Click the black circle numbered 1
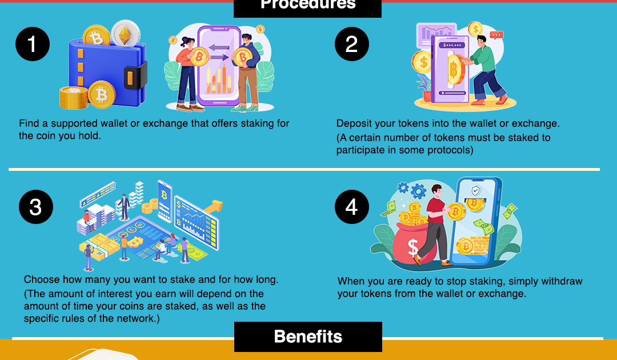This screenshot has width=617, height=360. pyautogui.click(x=33, y=44)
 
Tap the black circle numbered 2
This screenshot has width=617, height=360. pyautogui.click(x=351, y=44)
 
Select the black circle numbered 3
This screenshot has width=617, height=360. pyautogui.click(x=35, y=207)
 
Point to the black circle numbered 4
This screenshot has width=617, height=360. pyautogui.click(x=351, y=207)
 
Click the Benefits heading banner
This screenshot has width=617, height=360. pyautogui.click(x=308, y=337)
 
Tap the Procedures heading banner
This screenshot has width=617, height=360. pyautogui.click(x=308, y=6)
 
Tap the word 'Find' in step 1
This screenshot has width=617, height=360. pyautogui.click(x=29, y=123)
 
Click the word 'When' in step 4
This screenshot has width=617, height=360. pyautogui.click(x=350, y=281)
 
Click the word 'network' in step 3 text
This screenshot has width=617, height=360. pyautogui.click(x=137, y=318)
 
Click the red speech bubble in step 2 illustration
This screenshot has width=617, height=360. pyautogui.click(x=496, y=35)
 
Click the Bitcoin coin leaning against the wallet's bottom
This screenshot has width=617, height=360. pyautogui.click(x=102, y=94)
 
